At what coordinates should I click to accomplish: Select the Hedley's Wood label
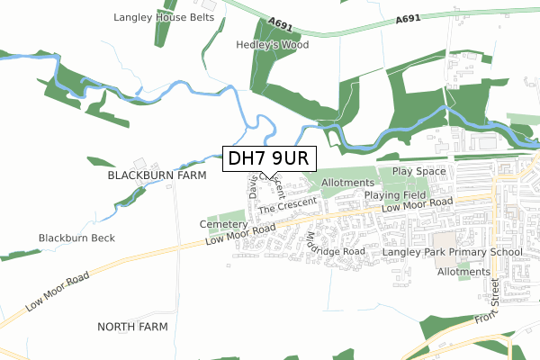pyautogui.click(x=272, y=44)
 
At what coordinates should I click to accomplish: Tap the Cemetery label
pyautogui.click(x=220, y=224)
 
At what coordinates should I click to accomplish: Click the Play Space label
pyautogui.click(x=419, y=171)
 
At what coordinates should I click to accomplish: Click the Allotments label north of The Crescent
pyautogui.click(x=346, y=183)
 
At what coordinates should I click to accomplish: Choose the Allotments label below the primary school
pyautogui.click(x=463, y=271)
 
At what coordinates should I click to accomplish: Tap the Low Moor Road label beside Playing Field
pyautogui.click(x=416, y=206)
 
